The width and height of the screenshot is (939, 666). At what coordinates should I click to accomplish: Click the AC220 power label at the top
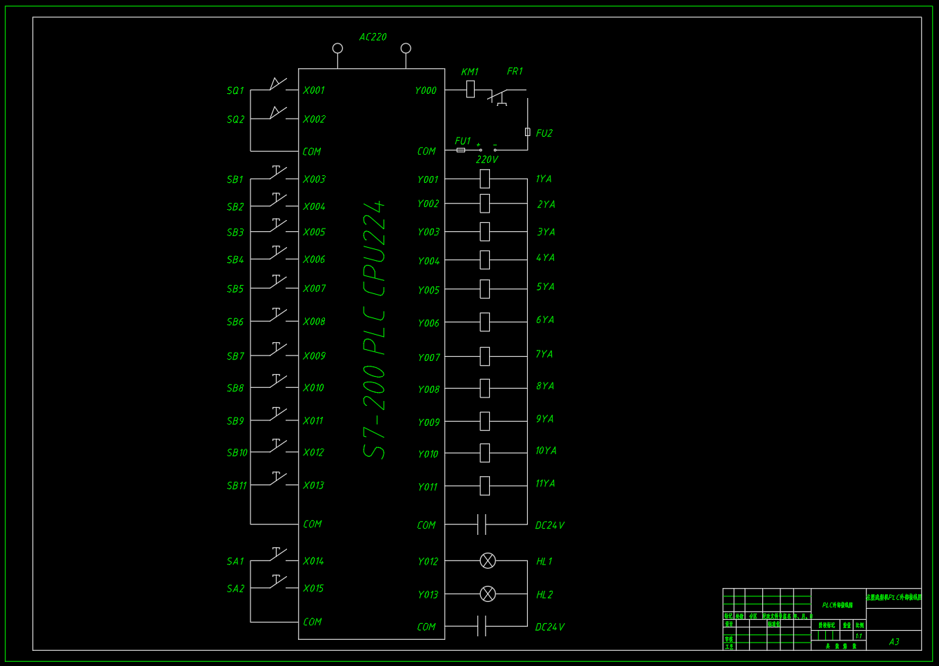[x=373, y=37]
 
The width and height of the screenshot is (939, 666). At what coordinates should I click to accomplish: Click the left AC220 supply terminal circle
[x=337, y=48]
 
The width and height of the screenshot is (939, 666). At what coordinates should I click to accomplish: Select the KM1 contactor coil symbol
[x=471, y=89]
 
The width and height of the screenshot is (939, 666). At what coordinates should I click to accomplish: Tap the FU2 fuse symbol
[x=528, y=132]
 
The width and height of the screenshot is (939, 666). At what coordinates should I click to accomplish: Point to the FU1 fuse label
[x=462, y=141]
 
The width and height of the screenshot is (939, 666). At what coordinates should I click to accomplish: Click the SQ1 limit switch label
[x=235, y=90]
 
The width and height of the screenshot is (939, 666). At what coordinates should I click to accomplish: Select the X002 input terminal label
[x=314, y=119]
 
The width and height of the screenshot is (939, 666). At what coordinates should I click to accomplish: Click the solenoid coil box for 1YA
[x=485, y=179]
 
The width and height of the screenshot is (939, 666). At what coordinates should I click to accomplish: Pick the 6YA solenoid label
[x=545, y=320]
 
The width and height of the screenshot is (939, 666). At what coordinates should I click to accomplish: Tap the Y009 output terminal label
[x=428, y=422]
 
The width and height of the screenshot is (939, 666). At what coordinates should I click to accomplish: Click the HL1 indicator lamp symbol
[x=488, y=561]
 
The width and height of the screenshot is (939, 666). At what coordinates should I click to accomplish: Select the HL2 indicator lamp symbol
[x=488, y=594]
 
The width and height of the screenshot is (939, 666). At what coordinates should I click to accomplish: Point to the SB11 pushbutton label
[x=237, y=486]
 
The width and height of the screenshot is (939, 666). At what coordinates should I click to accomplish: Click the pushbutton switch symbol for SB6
[x=277, y=315]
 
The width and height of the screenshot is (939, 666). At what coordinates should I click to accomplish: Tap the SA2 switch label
[x=235, y=589]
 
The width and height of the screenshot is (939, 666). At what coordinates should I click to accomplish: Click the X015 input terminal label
[x=313, y=589]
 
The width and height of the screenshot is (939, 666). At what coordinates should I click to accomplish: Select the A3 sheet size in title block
[x=894, y=642]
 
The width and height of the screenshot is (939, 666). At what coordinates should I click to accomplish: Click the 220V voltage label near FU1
[x=486, y=159]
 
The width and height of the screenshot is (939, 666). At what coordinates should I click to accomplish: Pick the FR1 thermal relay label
[x=515, y=72]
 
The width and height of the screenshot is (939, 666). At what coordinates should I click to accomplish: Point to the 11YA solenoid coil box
[x=485, y=486]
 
